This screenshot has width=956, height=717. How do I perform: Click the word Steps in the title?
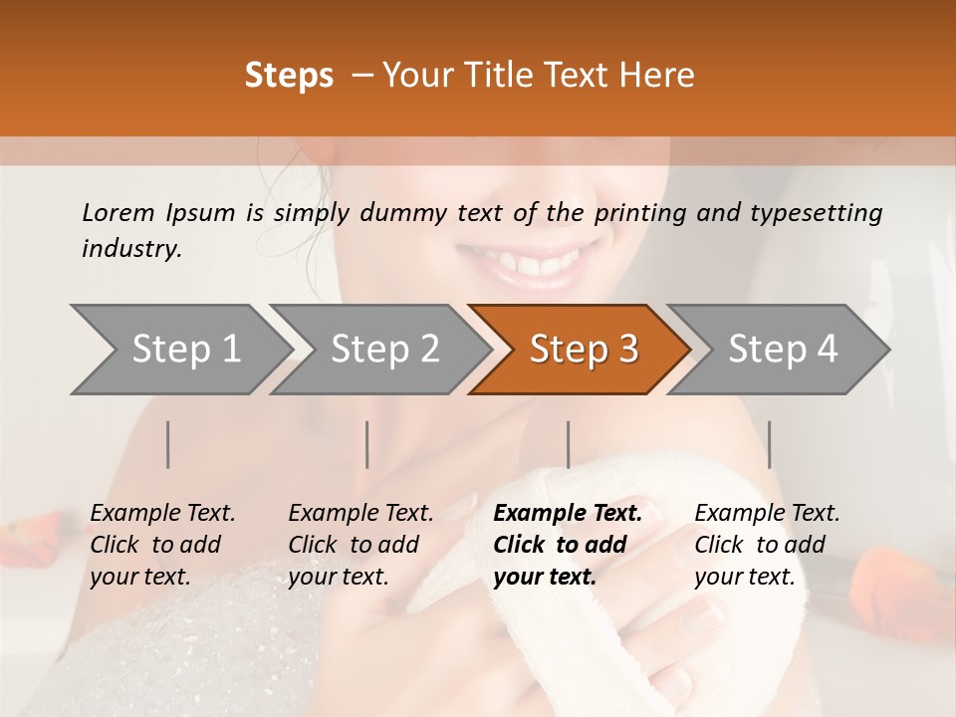289,76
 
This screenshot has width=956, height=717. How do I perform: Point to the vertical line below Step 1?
168,444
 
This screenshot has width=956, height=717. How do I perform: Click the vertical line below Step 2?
367,444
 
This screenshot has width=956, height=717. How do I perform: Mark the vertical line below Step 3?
568,444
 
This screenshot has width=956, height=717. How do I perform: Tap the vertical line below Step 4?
769,444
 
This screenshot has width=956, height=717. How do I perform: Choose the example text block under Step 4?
767,545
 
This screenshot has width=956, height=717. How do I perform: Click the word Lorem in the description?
119,212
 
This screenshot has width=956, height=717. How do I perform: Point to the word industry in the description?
130,249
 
